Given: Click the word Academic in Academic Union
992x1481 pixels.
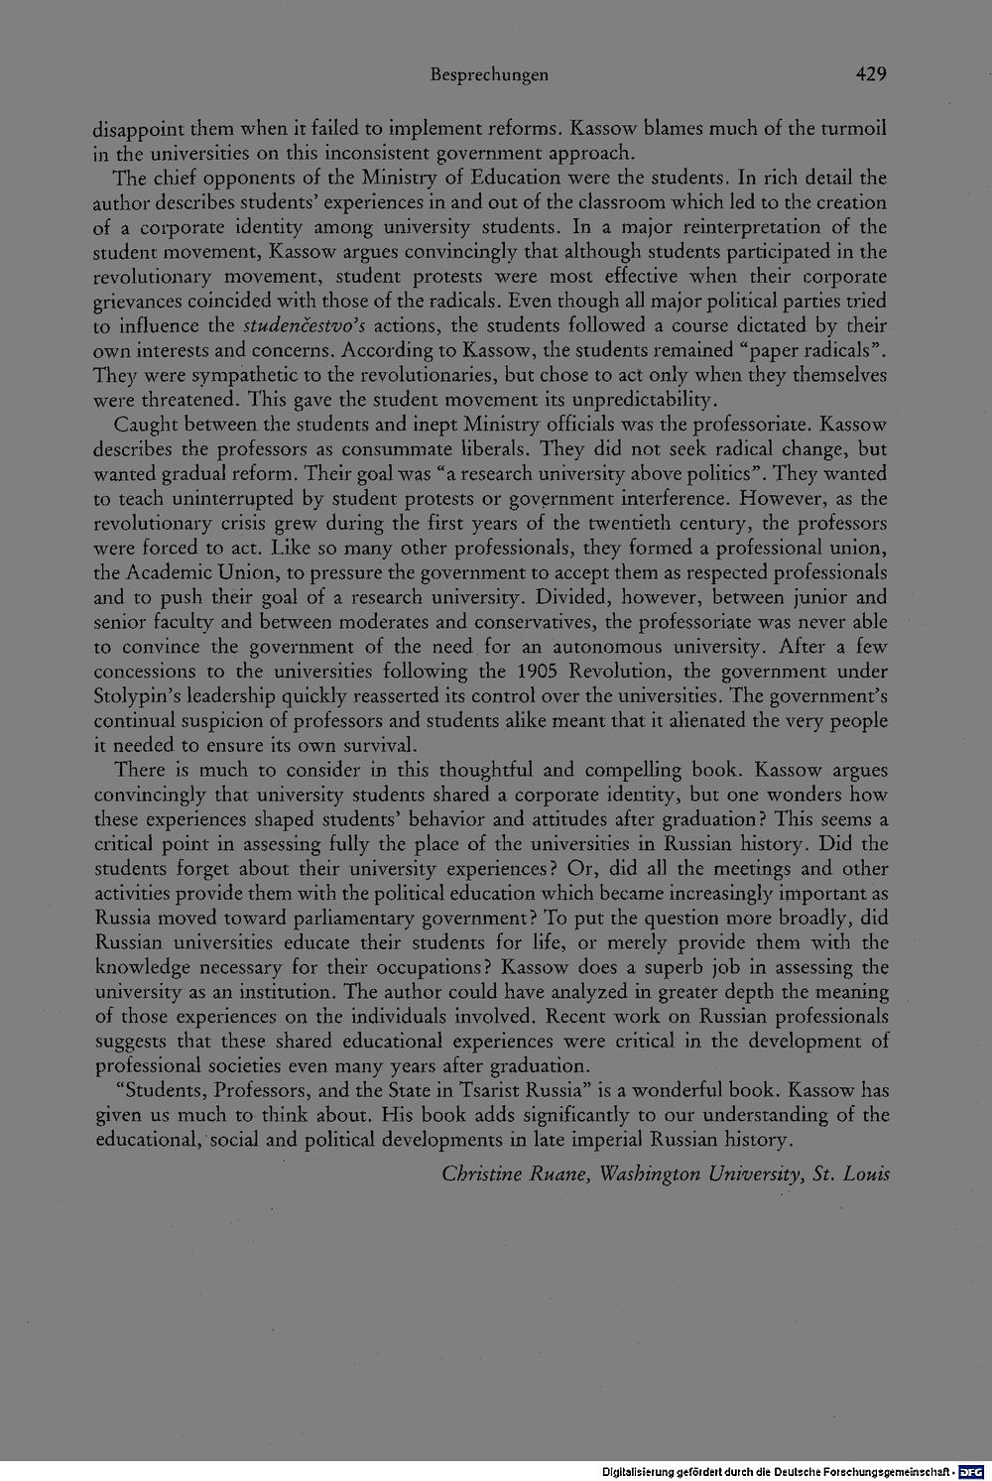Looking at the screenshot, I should [x=168, y=573].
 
